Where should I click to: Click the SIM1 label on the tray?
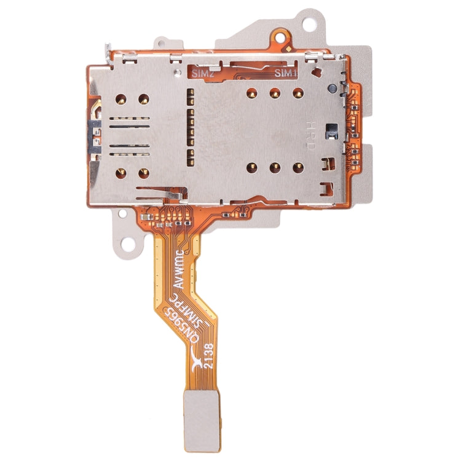tap(286, 73)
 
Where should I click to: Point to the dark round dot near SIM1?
tap(331, 90)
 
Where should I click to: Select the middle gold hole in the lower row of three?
tap(275, 167)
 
